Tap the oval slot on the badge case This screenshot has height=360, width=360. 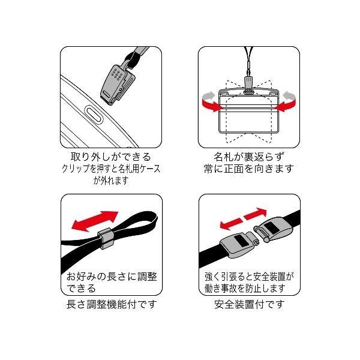pos(94,115)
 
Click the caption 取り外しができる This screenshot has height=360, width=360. pos(111,157)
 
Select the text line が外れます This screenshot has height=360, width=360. pos(110,181)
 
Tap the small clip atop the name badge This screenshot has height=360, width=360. pos(248,85)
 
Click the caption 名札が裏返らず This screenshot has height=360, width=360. pos(249,157)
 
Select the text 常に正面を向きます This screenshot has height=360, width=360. pos(249,169)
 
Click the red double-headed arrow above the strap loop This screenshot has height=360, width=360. pos(95,221)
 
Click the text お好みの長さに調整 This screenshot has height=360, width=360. pos(112,277)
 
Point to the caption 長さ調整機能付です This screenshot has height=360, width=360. pos(112,304)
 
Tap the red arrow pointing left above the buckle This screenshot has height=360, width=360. pos(231,224)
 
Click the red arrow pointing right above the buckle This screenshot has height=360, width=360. pos(256,214)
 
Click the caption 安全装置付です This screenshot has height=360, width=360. pos(250,304)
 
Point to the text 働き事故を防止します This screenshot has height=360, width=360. pos(245,289)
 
